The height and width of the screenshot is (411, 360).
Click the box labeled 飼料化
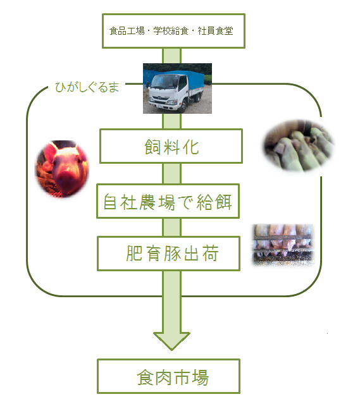[x=171, y=146]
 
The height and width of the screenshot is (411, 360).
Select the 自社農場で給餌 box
[x=168, y=201]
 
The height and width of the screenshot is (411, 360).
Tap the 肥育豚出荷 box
[x=168, y=254]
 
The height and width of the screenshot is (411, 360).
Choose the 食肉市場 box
[x=168, y=376]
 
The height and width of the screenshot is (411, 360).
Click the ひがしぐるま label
[x=87, y=87]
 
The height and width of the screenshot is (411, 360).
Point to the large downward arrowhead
[x=171, y=341]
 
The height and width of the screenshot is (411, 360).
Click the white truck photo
[x=177, y=89]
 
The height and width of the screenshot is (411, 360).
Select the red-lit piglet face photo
[x=62, y=169]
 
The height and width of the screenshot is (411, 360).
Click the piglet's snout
[x=63, y=178]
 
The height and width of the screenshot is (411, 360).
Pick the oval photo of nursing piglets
[x=299, y=145]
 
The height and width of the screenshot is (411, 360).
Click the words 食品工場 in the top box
[x=127, y=31]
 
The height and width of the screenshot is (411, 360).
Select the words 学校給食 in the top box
[x=171, y=31]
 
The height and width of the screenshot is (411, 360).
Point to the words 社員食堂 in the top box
[x=215, y=31]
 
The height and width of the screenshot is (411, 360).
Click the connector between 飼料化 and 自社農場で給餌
[x=171, y=173]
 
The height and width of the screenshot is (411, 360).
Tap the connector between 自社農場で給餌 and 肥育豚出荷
[x=171, y=228]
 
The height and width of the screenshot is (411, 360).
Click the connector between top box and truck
[x=171, y=56]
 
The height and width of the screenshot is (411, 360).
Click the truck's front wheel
[x=183, y=106]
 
